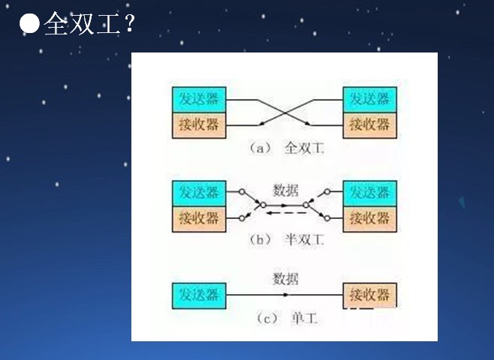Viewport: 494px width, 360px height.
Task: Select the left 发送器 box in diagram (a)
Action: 199,99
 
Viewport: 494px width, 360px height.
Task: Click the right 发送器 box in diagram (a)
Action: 369,99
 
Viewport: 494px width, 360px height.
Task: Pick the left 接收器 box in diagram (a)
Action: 199,124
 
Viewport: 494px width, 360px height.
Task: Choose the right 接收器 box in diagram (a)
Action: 369,124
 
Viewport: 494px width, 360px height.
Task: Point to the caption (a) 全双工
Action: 285,148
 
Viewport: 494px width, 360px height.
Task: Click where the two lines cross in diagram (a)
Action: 285,112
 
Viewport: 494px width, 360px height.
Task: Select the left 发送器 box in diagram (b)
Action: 199,193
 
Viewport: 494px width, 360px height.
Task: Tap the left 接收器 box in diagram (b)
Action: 199,218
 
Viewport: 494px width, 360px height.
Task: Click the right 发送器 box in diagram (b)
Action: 369,193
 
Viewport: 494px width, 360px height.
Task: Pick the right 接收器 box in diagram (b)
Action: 369,218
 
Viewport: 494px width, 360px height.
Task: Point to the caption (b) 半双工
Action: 285,241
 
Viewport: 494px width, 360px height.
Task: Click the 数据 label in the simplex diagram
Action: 285,279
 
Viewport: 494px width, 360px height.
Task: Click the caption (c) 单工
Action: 285,319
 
